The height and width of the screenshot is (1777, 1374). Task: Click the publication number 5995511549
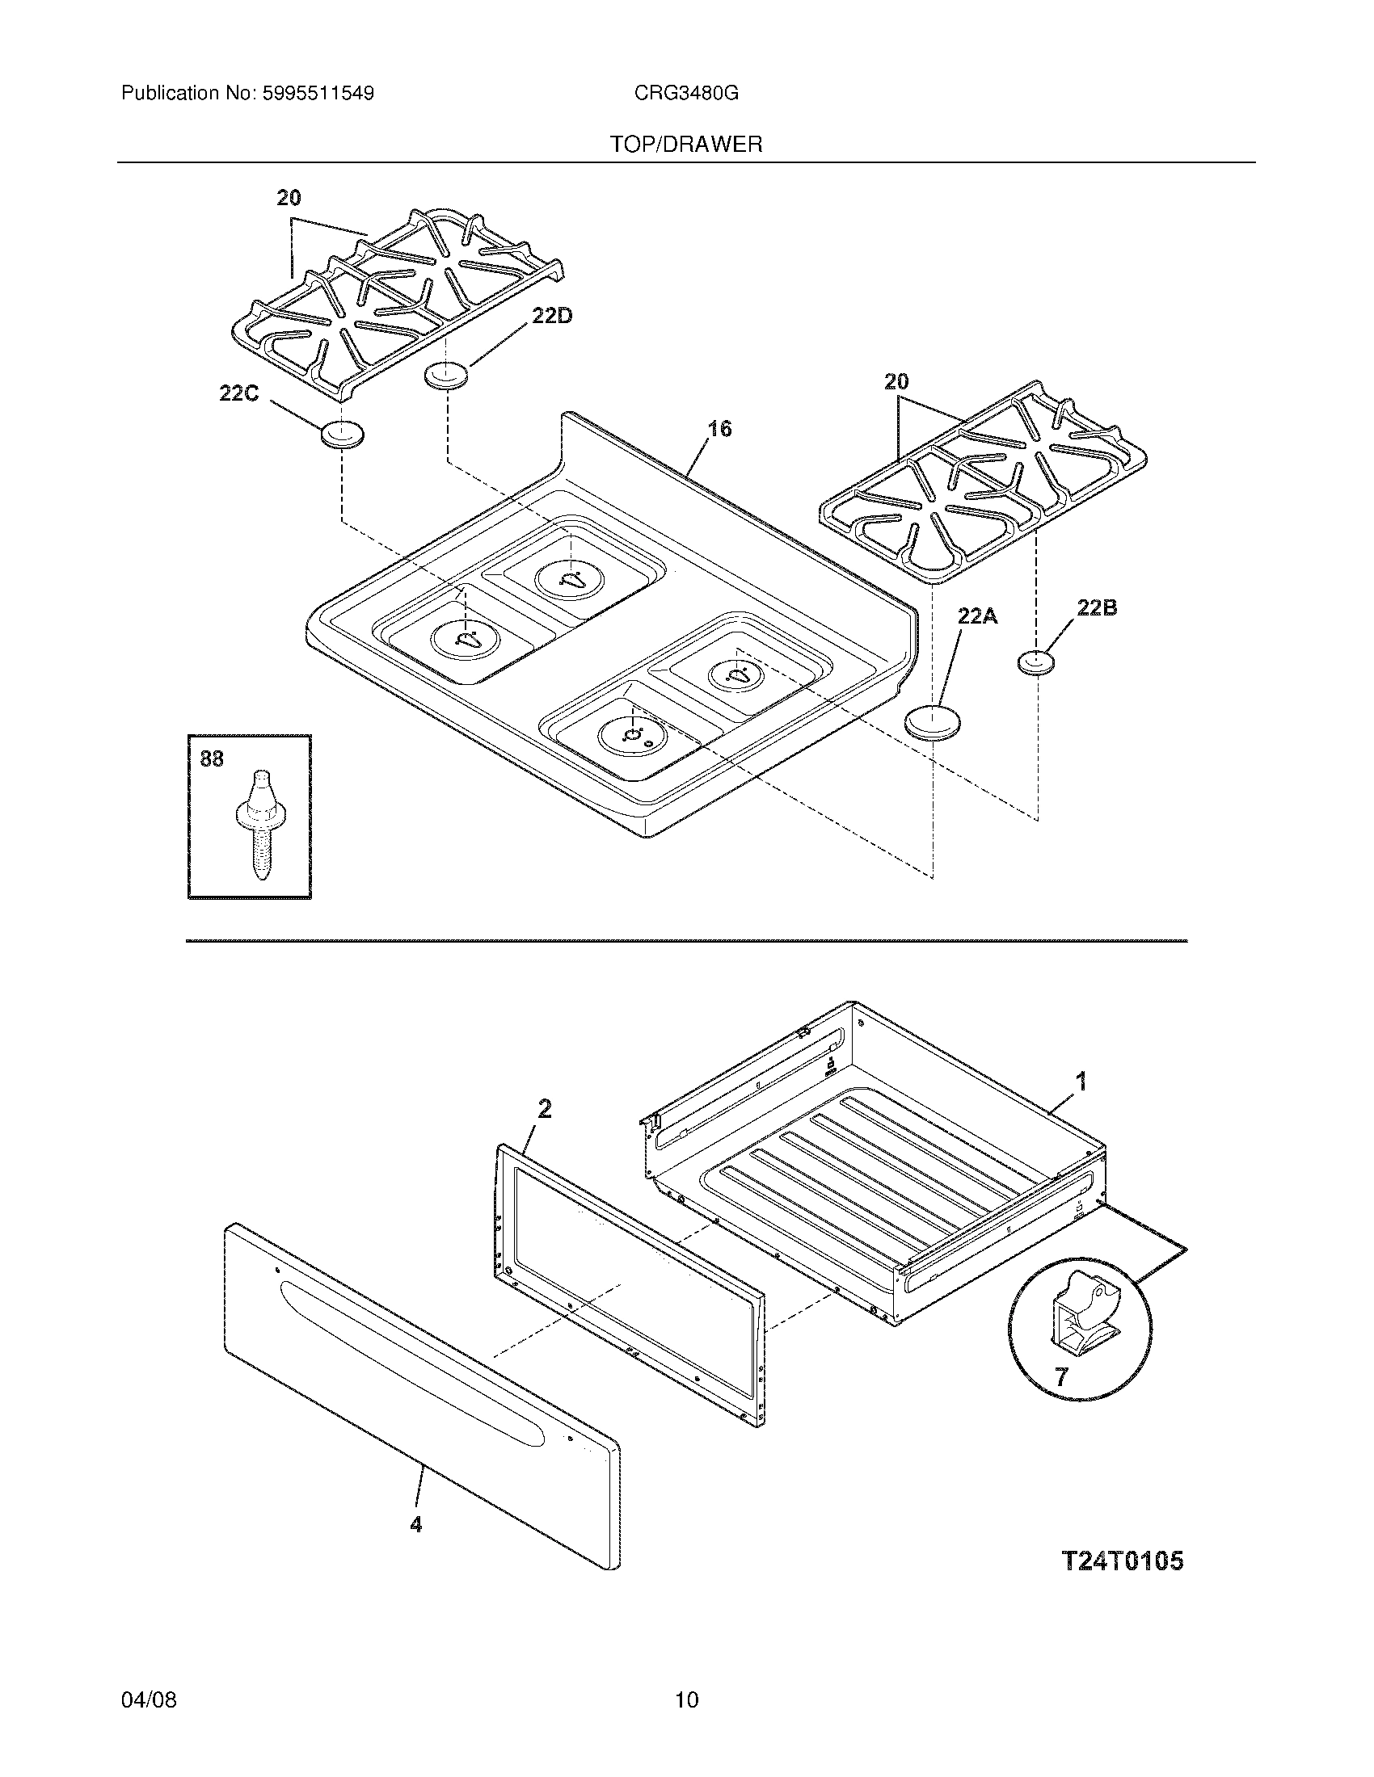tap(318, 94)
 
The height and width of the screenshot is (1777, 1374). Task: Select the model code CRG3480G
tap(686, 94)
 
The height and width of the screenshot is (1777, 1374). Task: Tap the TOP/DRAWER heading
tap(686, 145)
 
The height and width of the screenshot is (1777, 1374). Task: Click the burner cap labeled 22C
tap(342, 435)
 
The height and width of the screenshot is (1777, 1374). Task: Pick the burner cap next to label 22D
tap(447, 376)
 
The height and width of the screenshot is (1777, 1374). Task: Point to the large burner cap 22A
tap(933, 721)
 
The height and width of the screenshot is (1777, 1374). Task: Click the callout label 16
tap(719, 428)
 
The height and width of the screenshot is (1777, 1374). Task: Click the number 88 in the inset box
tap(212, 758)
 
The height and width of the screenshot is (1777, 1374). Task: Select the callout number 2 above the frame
tap(545, 1108)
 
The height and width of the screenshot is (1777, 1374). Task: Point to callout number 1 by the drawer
tap(1081, 1082)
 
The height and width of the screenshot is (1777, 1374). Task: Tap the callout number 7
tap(1060, 1376)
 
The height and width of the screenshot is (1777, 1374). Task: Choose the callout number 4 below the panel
tap(416, 1524)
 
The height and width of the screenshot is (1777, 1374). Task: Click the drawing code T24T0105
tap(1123, 1561)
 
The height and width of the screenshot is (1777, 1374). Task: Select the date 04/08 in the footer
tap(148, 1699)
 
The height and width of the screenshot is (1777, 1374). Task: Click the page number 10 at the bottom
tap(686, 1699)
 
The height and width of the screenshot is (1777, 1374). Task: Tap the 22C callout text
tap(238, 393)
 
